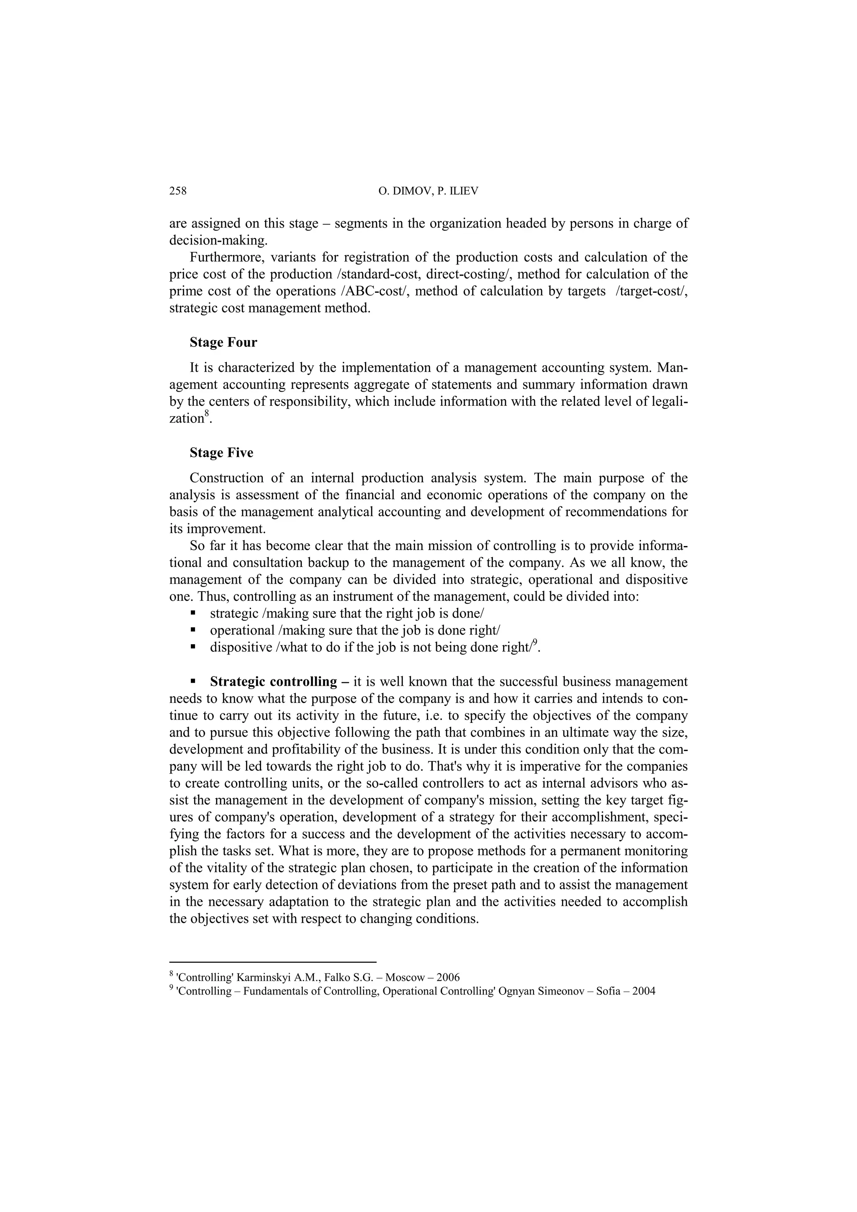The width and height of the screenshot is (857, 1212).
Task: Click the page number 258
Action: pos(178,191)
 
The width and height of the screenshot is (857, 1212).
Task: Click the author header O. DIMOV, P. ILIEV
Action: pos(428,191)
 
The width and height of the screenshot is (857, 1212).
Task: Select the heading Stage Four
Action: pos(223,343)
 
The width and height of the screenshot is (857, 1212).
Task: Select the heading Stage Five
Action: pos(221,453)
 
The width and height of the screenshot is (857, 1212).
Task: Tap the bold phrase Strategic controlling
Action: pos(273,682)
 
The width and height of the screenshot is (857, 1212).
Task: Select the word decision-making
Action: pos(218,241)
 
